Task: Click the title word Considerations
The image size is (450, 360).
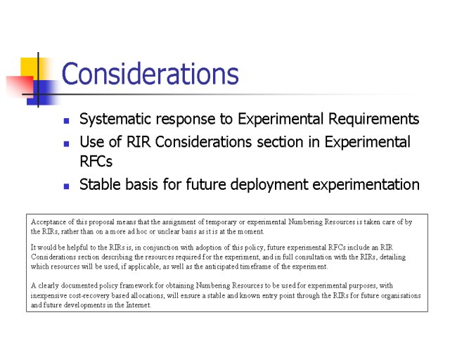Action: [x=150, y=74]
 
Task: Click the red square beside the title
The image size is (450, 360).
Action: [x=20, y=85]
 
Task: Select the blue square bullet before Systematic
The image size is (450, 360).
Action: [x=66, y=120]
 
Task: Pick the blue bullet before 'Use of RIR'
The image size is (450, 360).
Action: [x=66, y=143]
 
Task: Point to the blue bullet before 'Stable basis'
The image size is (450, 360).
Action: [x=66, y=186]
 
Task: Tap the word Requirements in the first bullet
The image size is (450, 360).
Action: [x=373, y=120]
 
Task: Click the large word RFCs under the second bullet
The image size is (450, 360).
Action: [x=96, y=161]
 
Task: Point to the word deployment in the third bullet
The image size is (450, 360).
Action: [x=269, y=185]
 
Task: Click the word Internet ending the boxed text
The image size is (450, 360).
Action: [x=139, y=305]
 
